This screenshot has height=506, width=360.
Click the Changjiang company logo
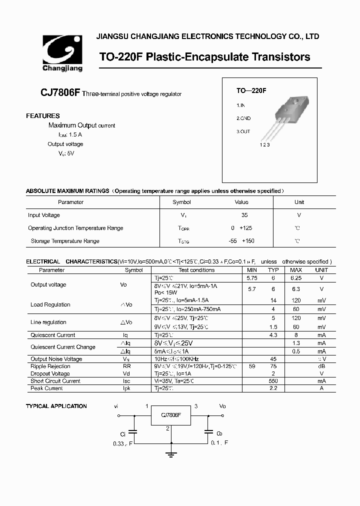tap(62, 52)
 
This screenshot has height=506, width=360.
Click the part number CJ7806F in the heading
tap(60, 93)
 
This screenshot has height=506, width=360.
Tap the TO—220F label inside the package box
tap(251, 91)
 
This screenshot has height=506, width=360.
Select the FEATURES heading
tap(43, 116)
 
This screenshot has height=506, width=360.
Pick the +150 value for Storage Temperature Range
tap(248, 241)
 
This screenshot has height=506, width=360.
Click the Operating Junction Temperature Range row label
tap(75, 228)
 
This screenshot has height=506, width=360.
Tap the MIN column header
tap(252, 270)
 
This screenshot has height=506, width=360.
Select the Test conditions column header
tap(196, 270)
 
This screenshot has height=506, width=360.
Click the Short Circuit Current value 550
tap(273, 381)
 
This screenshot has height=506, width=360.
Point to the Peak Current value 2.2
tap(273, 388)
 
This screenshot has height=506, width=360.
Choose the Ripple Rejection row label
tap(50, 366)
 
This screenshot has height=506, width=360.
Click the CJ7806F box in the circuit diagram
tap(171, 415)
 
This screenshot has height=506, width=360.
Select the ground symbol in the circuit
tap(171, 454)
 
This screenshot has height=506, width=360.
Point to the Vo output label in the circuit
tap(222, 406)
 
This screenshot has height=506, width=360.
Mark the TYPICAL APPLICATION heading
tap(56, 406)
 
